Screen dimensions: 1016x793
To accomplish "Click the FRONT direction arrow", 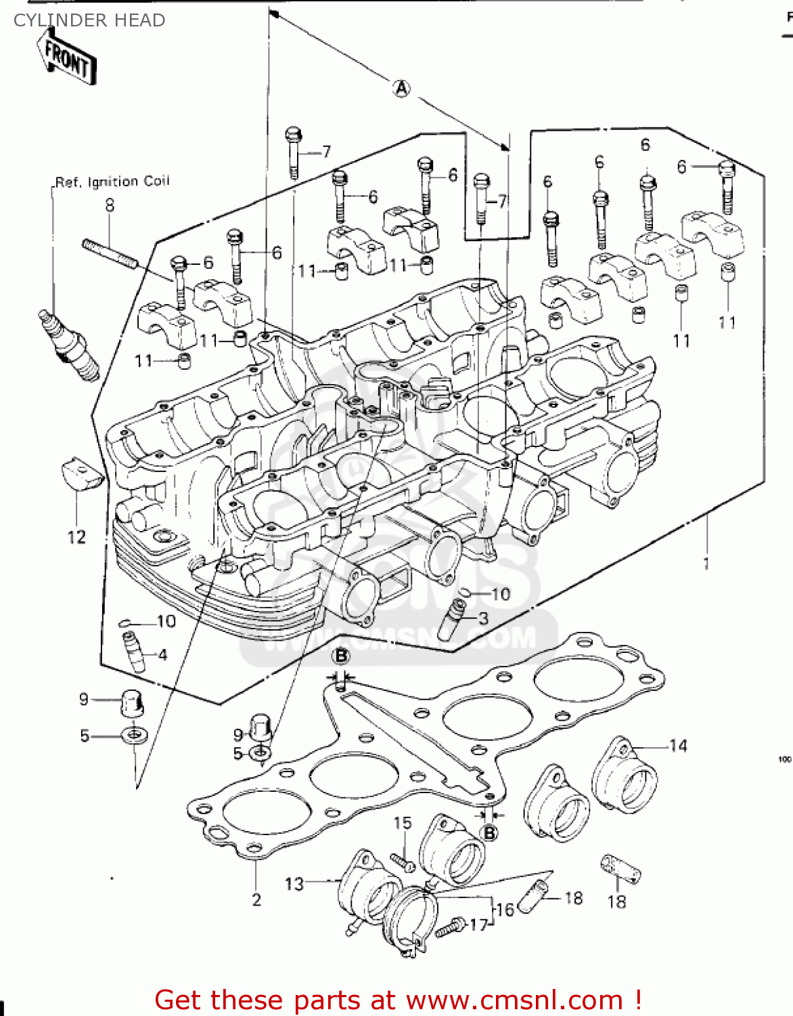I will pyautogui.click(x=68, y=58).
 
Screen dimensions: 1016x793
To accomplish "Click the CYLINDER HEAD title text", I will pyautogui.click(x=89, y=20).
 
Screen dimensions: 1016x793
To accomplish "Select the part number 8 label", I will pyautogui.click(x=110, y=205).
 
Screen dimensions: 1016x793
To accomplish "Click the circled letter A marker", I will pyautogui.click(x=402, y=88).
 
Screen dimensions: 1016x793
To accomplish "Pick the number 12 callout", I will pyautogui.click(x=76, y=537).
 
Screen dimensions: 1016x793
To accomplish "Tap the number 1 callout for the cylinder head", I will pyautogui.click(x=706, y=563).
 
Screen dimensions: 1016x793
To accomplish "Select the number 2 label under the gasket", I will pyautogui.click(x=256, y=899).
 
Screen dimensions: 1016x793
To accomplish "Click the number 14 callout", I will pyautogui.click(x=678, y=746).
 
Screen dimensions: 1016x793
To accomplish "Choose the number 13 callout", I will pyautogui.click(x=294, y=883).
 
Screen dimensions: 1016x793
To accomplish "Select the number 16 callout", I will pyautogui.click(x=505, y=910).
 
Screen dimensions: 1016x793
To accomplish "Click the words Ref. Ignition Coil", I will pyautogui.click(x=112, y=182).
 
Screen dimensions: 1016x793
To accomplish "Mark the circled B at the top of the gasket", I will pyautogui.click(x=341, y=656).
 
